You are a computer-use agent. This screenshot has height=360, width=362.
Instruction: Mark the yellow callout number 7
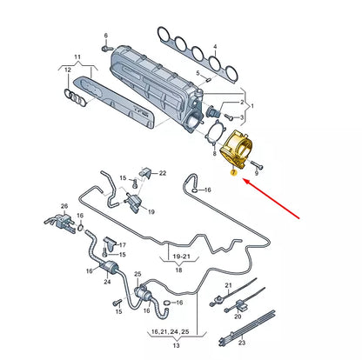[x=233, y=174]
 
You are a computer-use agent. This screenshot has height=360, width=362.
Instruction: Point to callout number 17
[x=122, y=245]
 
